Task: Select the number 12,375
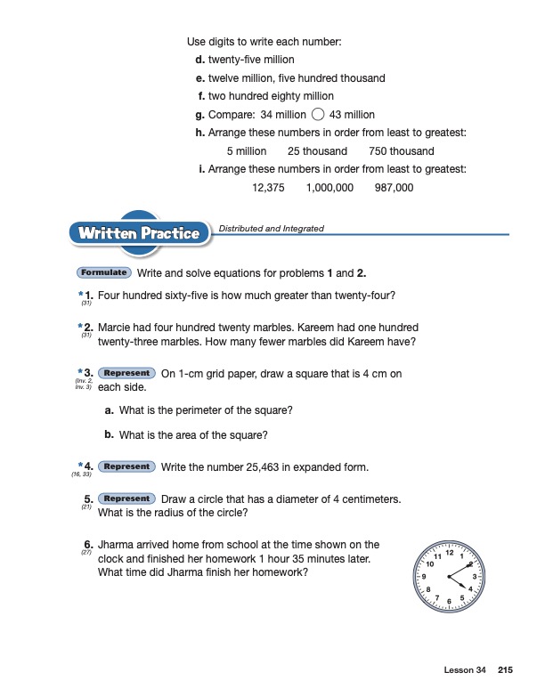[268, 188]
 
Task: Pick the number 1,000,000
[329, 188]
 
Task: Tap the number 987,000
[394, 188]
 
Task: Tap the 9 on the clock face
[424, 579]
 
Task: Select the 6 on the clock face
[450, 604]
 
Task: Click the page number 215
[507, 669]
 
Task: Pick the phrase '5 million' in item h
[247, 151]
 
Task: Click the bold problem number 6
[89, 545]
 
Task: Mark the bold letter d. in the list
[199, 60]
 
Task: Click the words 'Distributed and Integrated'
[271, 229]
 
